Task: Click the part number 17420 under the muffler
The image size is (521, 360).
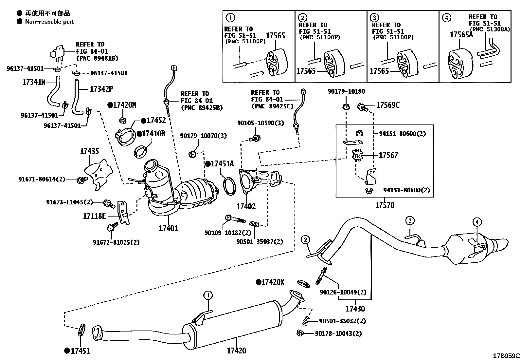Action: click(x=236, y=351)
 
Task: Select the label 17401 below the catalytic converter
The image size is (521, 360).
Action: click(x=168, y=228)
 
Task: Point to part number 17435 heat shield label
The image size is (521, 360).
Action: click(x=89, y=151)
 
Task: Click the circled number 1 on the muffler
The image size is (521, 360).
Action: click(x=208, y=295)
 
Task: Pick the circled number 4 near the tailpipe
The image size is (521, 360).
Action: click(x=477, y=222)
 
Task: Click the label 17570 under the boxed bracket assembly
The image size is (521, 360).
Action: click(x=385, y=205)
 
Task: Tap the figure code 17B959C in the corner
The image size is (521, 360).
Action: click(x=506, y=356)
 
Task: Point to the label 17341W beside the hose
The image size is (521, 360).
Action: click(x=34, y=82)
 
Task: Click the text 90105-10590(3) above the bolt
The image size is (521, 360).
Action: click(x=260, y=123)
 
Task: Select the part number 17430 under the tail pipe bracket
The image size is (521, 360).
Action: click(x=355, y=309)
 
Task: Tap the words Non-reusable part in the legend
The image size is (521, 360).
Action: click(x=49, y=22)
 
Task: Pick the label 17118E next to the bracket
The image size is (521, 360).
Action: click(x=94, y=216)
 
